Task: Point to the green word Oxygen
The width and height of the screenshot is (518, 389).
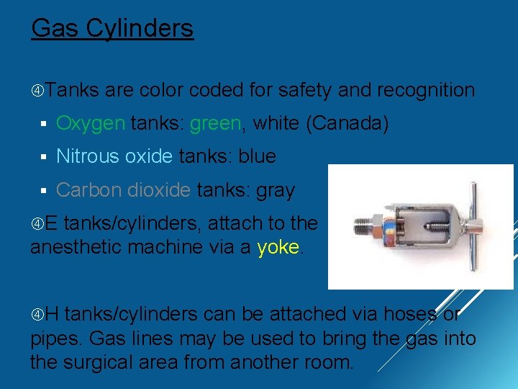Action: coord(91,123)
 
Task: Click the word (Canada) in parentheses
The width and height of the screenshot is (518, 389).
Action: coord(347,123)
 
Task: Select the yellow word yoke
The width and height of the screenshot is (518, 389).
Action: coord(278,246)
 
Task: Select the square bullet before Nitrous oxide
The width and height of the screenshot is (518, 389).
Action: coord(44,157)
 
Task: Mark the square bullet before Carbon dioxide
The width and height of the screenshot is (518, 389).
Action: coord(44,191)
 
